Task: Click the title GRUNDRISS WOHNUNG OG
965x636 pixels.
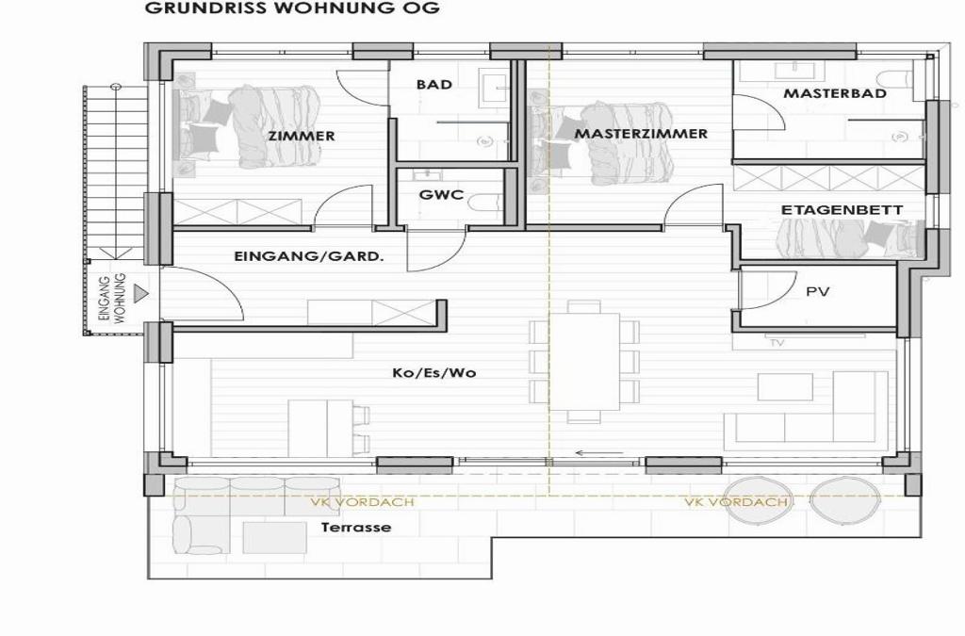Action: (292, 8)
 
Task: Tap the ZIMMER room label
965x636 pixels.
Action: (302, 136)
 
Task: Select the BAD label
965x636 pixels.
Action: (434, 84)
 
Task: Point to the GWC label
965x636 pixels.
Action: (441, 195)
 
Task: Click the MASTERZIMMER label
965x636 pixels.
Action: (641, 134)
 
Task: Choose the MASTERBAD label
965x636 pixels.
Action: (835, 93)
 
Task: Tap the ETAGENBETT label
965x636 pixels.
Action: (842, 210)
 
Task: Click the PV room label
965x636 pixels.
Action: (818, 291)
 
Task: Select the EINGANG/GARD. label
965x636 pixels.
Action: (309, 256)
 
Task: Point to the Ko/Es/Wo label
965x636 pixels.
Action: (434, 373)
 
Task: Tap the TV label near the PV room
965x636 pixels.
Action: (777, 343)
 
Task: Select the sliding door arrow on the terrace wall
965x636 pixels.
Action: (598, 453)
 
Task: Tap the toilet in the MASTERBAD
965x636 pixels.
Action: (893, 78)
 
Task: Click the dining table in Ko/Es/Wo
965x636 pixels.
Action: (584, 362)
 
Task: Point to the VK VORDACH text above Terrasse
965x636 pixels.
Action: (362, 502)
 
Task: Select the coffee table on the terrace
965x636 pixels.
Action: (274, 538)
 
